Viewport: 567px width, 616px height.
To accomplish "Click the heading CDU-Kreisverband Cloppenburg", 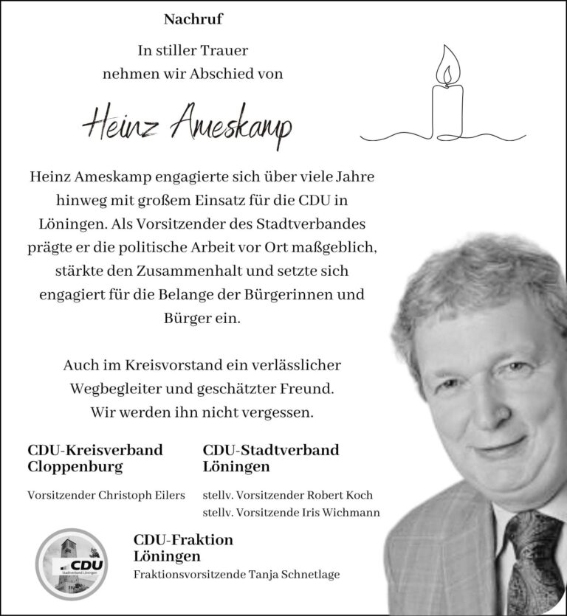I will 94,458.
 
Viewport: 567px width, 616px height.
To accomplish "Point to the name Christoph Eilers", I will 141,495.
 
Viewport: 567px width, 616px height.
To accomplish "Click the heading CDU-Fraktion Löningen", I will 183,547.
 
